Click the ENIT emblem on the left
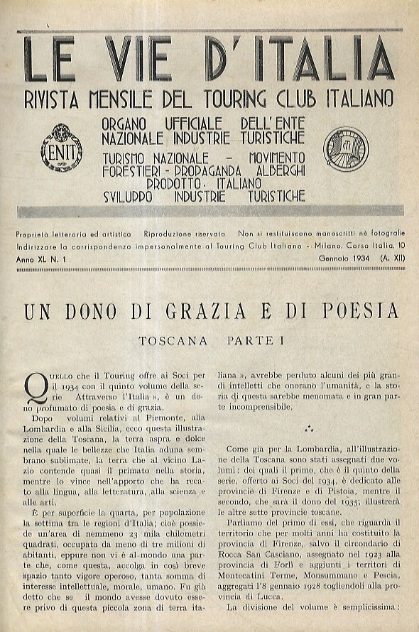point(62,148)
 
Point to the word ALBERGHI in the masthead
point(272,169)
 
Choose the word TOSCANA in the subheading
point(173,340)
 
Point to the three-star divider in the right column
point(308,429)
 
